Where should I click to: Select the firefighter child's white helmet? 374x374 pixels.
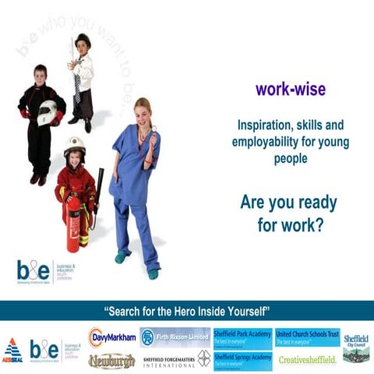tap(74, 146)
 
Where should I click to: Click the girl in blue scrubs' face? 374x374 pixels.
tap(143, 112)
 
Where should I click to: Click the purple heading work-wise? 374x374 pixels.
tap(290, 89)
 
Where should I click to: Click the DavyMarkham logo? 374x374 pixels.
tap(112, 337)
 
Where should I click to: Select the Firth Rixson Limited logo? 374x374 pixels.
tap(175, 337)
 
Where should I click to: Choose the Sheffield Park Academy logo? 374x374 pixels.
tap(242, 336)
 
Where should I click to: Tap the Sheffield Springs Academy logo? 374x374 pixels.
tap(242, 359)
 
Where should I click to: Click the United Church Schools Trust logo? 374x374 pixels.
tap(308, 337)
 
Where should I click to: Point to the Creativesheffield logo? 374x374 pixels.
tap(308, 359)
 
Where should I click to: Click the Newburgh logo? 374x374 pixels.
tap(111, 360)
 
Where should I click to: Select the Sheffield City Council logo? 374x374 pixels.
tap(356, 348)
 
